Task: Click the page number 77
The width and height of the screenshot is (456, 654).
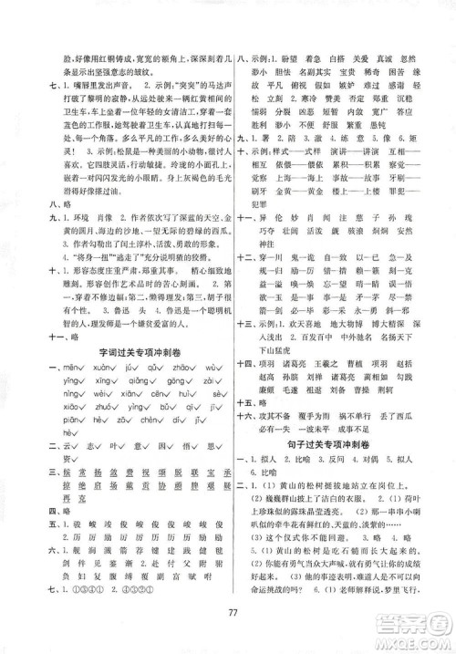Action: click(x=228, y=623)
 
